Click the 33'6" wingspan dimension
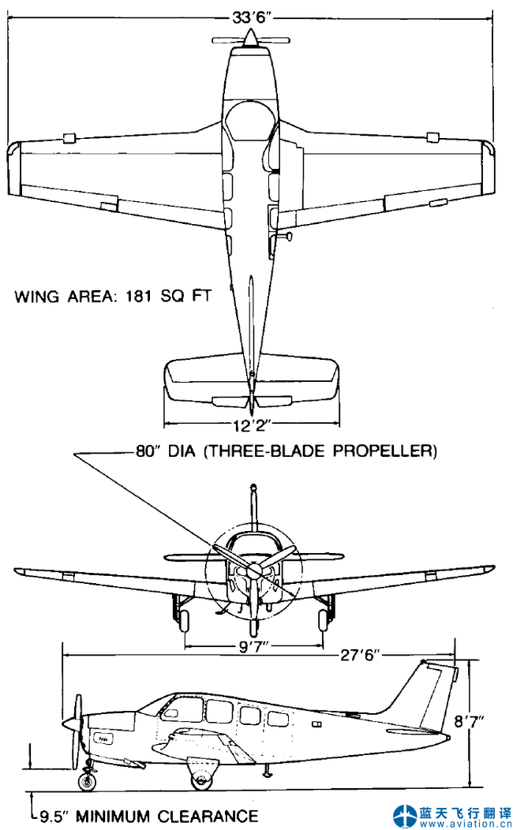click(252, 16)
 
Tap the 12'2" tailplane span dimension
click(252, 425)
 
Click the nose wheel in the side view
click(87, 781)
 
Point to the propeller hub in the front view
click(253, 570)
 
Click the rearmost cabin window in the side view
click(278, 719)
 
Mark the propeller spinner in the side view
click(72, 723)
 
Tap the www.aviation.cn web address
click(466, 824)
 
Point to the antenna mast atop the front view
click(253, 505)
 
